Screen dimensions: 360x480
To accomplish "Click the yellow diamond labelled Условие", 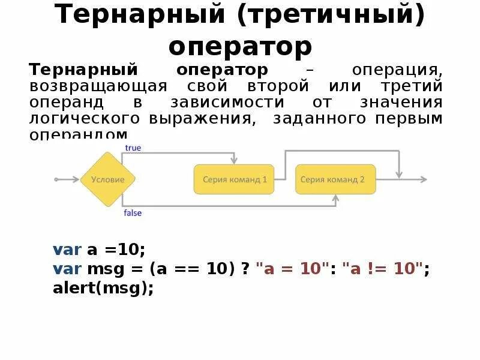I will tap(108, 179).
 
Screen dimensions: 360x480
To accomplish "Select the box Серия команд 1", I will tap(234, 179).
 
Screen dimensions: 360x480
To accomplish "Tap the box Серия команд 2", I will tap(335, 179).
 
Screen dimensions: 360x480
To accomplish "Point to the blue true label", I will tap(133, 148).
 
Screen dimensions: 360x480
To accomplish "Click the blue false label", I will tap(133, 213).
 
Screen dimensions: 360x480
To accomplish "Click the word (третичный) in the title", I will tap(331, 16).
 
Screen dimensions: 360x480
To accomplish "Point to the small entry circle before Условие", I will tap(56, 179).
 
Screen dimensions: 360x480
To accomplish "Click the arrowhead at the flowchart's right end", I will tap(424, 179).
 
